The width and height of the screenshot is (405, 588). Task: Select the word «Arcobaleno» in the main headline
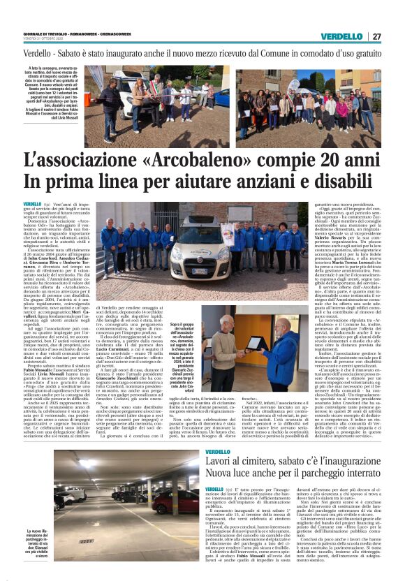tap(166, 165)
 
